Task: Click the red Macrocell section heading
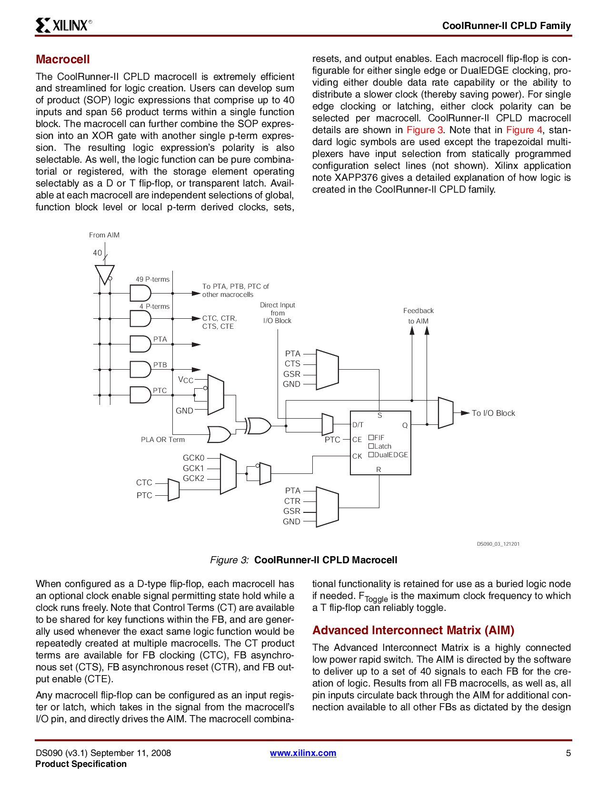(x=63, y=59)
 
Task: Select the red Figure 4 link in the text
(x=524, y=130)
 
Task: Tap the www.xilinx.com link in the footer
(x=303, y=753)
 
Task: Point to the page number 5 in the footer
(x=568, y=753)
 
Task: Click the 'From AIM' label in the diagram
(x=104, y=235)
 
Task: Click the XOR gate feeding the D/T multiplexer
(x=259, y=425)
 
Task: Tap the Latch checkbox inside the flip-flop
(x=371, y=446)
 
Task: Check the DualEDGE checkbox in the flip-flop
(x=371, y=455)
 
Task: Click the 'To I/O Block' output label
(x=493, y=413)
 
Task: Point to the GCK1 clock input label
(x=193, y=468)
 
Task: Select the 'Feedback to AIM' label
(x=418, y=315)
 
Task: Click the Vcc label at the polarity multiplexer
(x=186, y=380)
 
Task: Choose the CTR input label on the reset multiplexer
(x=292, y=501)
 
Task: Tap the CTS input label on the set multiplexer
(x=292, y=363)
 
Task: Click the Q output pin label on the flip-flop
(x=405, y=425)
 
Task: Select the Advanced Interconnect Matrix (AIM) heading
(x=413, y=630)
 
